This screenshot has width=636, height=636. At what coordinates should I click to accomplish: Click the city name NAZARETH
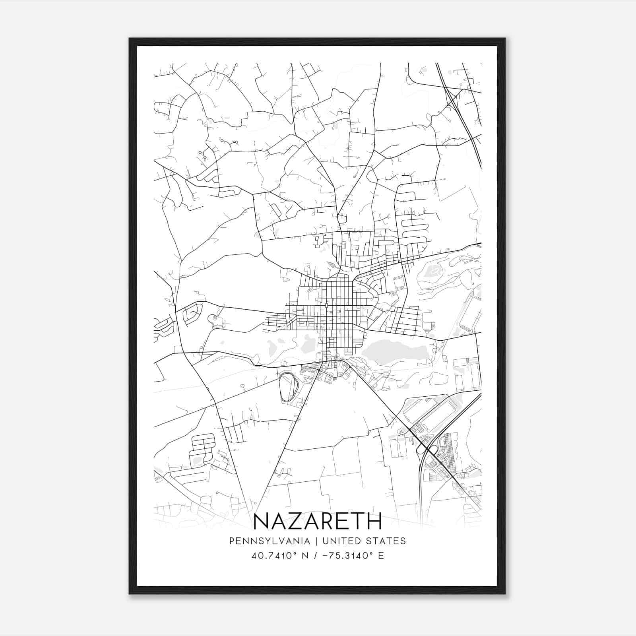317,521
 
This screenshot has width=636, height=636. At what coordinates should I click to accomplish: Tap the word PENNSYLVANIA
264,541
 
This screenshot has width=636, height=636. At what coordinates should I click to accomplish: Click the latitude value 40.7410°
275,556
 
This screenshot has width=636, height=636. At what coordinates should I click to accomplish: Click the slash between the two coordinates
315,556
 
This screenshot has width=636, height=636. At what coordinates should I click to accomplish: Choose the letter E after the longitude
381,556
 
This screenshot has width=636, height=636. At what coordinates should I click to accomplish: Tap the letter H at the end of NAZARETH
374,521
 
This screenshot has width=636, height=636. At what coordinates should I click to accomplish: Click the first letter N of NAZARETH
261,521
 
